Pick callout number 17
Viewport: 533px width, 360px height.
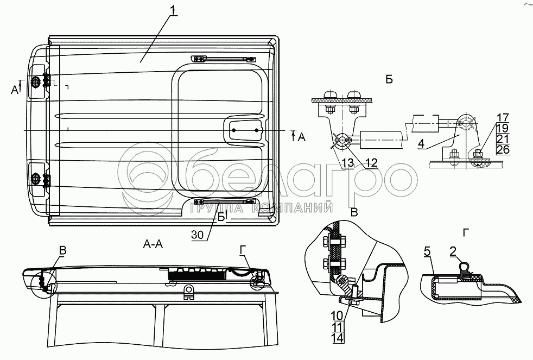[503, 116]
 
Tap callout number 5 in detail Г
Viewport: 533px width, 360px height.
[427, 251]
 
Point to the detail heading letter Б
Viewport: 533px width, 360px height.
[389, 80]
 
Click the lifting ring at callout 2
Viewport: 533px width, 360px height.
[464, 267]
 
